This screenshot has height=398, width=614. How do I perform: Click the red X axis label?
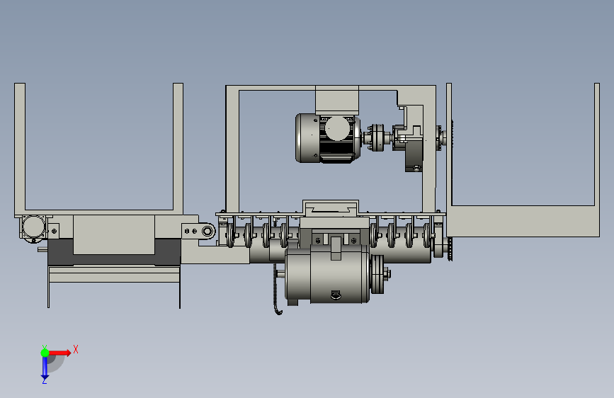pos(76,349)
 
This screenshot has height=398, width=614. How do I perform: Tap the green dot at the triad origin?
pos(45,353)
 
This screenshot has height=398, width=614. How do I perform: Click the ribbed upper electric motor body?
pos(328,138)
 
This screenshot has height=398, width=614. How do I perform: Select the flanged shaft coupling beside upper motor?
pos(377,137)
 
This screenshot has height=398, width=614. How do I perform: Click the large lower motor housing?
pos(327,273)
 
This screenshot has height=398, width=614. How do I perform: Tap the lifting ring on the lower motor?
pos(336,295)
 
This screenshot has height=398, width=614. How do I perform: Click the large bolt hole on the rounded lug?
pos(207,231)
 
